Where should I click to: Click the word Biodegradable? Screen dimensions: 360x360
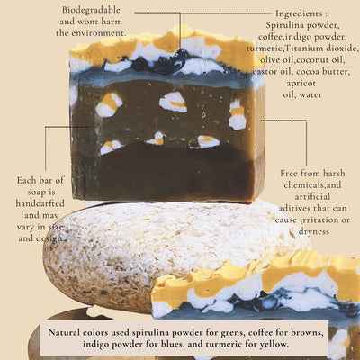(91, 10)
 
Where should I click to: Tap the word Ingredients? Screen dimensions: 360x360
(299, 13)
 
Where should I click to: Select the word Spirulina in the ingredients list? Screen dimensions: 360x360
(285, 25)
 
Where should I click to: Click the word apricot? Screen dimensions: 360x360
(301, 83)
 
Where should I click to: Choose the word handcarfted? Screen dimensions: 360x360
(40, 203)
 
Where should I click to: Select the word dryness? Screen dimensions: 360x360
(314, 232)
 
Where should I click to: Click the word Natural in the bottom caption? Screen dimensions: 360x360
(64, 332)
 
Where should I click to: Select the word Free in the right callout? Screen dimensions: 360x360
(289, 174)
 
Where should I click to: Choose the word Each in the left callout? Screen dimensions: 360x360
(26, 180)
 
